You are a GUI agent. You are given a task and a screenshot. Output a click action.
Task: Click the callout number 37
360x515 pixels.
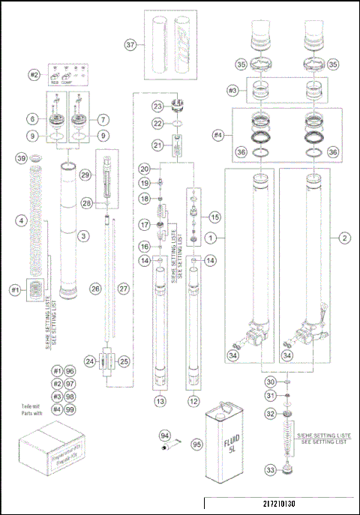point(130,45)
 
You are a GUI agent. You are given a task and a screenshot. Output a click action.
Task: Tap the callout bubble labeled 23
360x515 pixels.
point(157,106)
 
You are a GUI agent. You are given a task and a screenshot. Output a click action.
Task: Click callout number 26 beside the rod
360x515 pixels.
point(94,308)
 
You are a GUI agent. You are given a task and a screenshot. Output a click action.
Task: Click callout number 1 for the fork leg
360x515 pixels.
point(211,238)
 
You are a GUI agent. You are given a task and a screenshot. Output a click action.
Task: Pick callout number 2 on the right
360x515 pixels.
point(343,238)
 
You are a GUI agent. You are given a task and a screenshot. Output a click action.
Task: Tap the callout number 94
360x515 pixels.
point(164,435)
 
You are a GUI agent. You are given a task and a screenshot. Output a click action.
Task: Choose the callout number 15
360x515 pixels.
point(215,217)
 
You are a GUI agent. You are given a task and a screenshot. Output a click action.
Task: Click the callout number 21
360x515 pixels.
point(157,145)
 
